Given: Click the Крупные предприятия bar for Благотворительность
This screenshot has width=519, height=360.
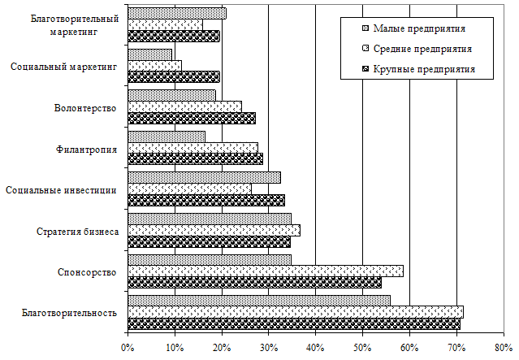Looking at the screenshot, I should [x=294, y=323].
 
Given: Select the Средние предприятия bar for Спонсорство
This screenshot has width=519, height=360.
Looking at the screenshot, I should [x=266, y=271].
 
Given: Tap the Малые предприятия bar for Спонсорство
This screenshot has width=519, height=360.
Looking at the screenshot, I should [x=210, y=260].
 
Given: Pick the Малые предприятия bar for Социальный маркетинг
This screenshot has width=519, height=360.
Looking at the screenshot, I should [x=150, y=54].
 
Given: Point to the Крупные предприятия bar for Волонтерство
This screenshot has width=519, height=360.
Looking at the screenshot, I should [x=192, y=118].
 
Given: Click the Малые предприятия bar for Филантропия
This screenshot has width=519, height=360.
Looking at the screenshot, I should [x=167, y=137].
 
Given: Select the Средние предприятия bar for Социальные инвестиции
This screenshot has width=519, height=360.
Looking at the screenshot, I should [x=189, y=189].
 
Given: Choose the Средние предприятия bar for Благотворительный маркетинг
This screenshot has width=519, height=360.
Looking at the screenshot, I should [x=166, y=24].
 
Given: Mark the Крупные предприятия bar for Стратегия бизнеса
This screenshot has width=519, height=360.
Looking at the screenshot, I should [x=209, y=241].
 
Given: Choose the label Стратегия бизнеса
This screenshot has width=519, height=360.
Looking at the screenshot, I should [x=78, y=232].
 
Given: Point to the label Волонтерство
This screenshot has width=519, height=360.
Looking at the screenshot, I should [x=85, y=108].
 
